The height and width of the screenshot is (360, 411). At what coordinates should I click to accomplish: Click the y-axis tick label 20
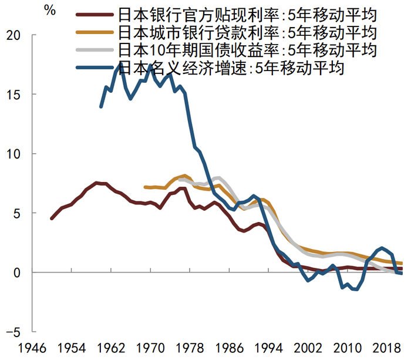click(x=14, y=35)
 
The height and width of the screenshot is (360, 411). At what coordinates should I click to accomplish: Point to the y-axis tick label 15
click(x=14, y=95)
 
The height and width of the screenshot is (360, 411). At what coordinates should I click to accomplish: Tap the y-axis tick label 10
click(x=14, y=154)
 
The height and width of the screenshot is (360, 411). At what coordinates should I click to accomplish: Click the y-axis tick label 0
click(x=18, y=272)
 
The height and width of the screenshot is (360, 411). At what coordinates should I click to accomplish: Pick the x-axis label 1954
click(x=71, y=348)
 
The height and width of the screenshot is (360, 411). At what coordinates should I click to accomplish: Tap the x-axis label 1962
click(x=111, y=348)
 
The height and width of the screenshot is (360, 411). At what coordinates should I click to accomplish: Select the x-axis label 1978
click(x=191, y=348)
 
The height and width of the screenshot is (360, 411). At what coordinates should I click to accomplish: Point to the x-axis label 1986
click(x=231, y=348)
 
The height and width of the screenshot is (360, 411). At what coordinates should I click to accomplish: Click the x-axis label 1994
click(x=271, y=348)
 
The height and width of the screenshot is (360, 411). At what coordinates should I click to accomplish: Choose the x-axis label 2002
click(x=311, y=348)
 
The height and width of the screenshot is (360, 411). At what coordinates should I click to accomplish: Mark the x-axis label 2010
click(x=351, y=348)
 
